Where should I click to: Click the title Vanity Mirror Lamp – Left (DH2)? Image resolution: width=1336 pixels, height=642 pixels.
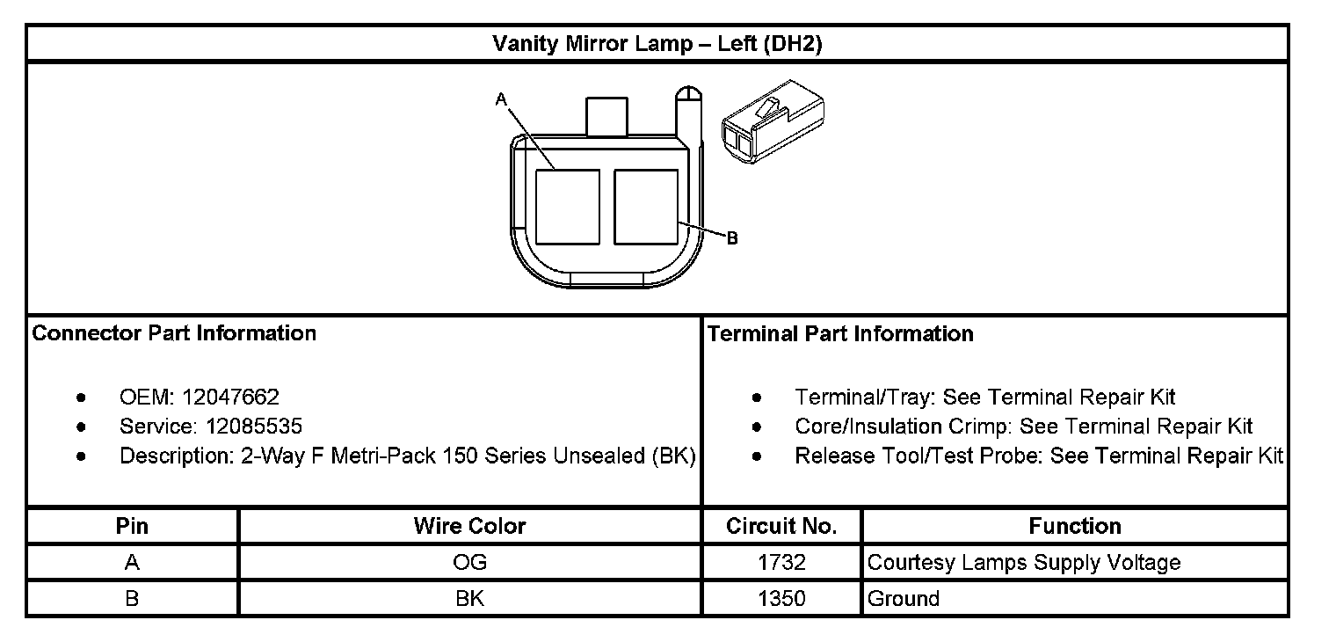[657, 44]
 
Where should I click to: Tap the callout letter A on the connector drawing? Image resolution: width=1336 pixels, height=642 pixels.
[501, 99]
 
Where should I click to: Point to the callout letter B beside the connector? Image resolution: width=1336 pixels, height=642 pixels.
[732, 238]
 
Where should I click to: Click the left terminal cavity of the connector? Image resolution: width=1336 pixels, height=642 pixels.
[567, 207]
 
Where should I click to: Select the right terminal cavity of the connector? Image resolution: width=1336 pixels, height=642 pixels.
[646, 207]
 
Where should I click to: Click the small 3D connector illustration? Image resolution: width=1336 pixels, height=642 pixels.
[773, 121]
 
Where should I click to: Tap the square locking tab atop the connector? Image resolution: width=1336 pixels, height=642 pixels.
[606, 116]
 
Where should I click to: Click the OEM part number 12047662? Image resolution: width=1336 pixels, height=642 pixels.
[230, 397]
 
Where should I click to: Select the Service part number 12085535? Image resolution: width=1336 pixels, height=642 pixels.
[253, 426]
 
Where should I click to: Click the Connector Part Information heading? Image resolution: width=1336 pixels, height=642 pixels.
[173, 333]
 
